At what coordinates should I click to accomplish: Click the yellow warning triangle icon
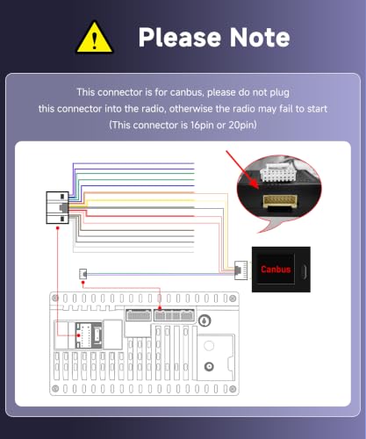[94, 38]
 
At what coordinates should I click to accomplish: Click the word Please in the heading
[180, 38]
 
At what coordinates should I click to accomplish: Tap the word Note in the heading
[260, 38]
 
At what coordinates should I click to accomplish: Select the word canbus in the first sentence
[186, 92]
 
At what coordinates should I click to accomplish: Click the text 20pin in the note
[242, 126]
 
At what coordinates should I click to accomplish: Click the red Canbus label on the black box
[276, 270]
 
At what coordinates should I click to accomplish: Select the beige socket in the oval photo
[280, 201]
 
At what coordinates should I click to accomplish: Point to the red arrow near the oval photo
[242, 169]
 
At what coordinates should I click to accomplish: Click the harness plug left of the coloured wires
[57, 208]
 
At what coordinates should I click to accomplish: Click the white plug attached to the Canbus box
[240, 270]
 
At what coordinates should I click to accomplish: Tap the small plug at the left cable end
[83, 274]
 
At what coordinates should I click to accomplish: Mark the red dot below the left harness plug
[58, 227]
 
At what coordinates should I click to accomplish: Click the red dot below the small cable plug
[83, 283]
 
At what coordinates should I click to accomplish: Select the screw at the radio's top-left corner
[55, 299]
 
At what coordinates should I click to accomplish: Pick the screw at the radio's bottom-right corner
[233, 389]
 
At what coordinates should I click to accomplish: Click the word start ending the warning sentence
[317, 109]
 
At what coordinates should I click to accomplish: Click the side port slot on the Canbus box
[305, 271]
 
